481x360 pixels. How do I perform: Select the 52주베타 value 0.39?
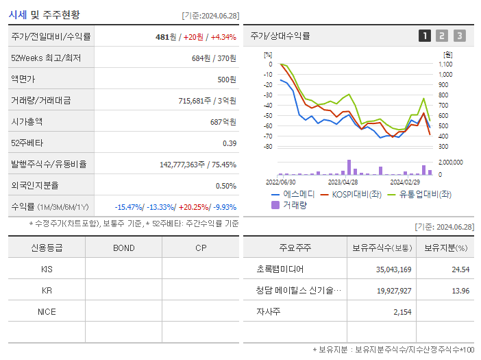(229, 143)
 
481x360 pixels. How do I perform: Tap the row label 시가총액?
(27, 121)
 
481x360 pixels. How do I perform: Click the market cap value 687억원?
(223, 121)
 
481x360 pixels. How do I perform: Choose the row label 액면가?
(23, 79)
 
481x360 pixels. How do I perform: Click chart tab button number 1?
(425, 36)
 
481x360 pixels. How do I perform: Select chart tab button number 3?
(459, 36)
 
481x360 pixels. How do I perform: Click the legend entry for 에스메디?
(293, 194)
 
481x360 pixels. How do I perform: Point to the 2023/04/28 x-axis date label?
(343, 182)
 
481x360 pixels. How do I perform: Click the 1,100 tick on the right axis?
(445, 64)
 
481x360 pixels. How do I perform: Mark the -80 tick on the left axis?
(268, 147)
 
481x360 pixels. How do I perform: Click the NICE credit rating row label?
(47, 311)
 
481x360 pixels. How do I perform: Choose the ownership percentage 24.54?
(460, 269)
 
